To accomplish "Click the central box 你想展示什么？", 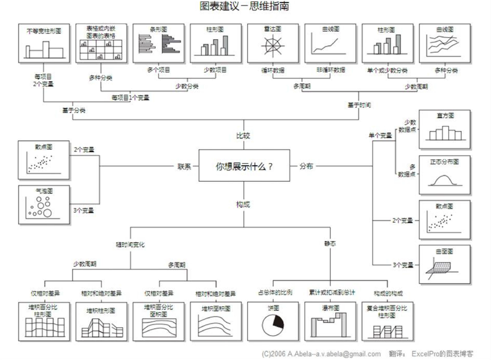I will pos(244,166).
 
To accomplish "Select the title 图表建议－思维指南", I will pos(244,7).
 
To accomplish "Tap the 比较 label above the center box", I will pos(244,136).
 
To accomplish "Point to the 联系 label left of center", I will pos(184,166).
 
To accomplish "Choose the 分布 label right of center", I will pos(307,166).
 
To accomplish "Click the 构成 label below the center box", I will pos(244,204).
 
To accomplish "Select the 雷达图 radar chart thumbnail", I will pos(270,43).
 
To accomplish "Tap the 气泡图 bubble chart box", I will pos(41,205).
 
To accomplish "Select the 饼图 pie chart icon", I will pos(274,323).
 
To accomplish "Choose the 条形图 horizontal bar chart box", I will pos(155,43).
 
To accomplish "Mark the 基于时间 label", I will pos(359,106).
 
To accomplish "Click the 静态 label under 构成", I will pos(330,245).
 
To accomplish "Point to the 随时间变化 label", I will pos(130,245).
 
